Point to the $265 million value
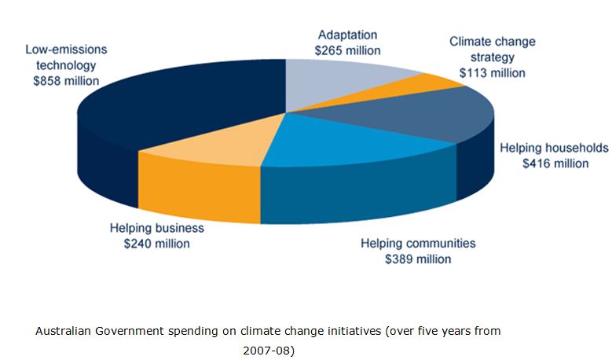click(346, 50)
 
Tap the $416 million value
click(555, 163)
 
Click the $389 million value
click(418, 259)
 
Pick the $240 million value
click(157, 244)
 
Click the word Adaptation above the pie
click(347, 35)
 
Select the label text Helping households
click(554, 148)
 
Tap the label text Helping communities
click(418, 243)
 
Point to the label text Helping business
click(156, 228)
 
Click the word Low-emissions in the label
click(66, 49)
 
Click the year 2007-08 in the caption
click(267, 348)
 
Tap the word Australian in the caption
click(63, 331)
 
